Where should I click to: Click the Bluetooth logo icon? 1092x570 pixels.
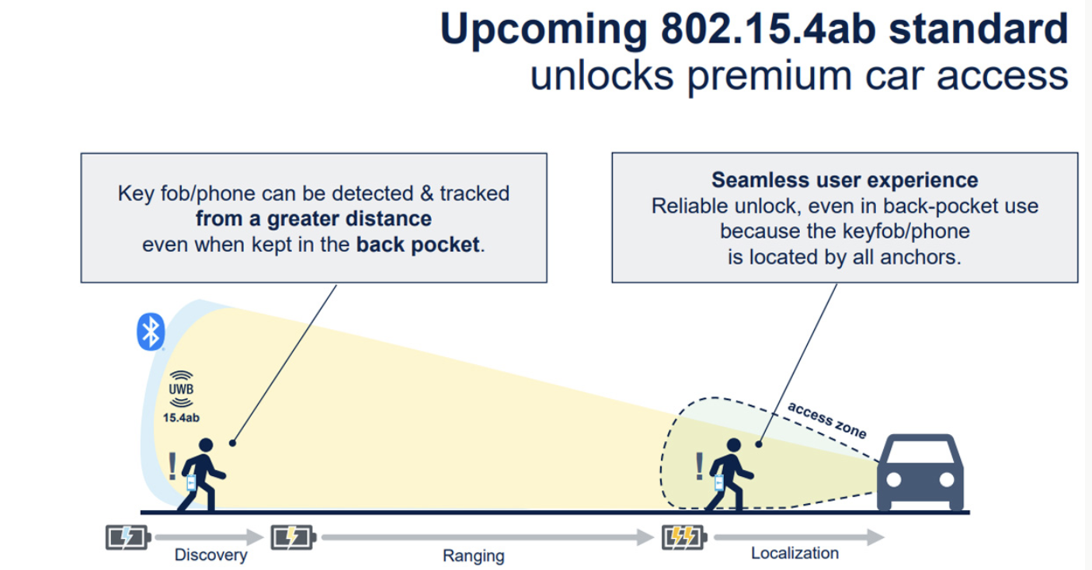[150, 331]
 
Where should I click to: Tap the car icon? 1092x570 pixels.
[920, 473]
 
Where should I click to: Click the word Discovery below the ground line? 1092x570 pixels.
[210, 554]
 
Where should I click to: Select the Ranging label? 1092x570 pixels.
[473, 555]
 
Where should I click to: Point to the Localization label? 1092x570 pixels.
[795, 553]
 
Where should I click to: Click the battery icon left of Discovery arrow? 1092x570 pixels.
[126, 537]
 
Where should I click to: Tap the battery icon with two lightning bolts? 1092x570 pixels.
[683, 537]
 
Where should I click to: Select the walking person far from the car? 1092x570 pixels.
[201, 474]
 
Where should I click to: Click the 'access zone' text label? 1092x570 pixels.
[826, 420]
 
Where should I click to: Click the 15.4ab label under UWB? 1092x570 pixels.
[181, 418]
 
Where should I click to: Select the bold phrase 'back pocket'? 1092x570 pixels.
[418, 245]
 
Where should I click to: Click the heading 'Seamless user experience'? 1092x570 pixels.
[844, 180]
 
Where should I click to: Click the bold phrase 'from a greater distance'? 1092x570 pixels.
[313, 218]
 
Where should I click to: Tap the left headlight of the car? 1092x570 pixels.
[893, 481]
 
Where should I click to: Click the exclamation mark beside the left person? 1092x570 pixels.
[172, 466]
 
